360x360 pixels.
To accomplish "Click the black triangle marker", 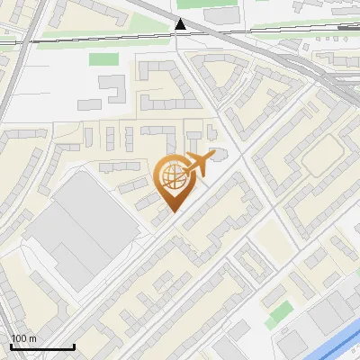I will (x=182, y=24).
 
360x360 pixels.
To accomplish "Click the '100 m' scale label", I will (x=23, y=338).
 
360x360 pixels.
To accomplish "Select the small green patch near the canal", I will (x=280, y=314).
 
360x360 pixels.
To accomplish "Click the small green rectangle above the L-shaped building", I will (x=104, y=59).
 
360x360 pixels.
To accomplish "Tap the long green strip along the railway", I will (x=99, y=39).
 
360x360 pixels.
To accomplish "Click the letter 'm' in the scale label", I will (x=33, y=338).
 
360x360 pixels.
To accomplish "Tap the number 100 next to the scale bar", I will (x=19, y=338).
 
